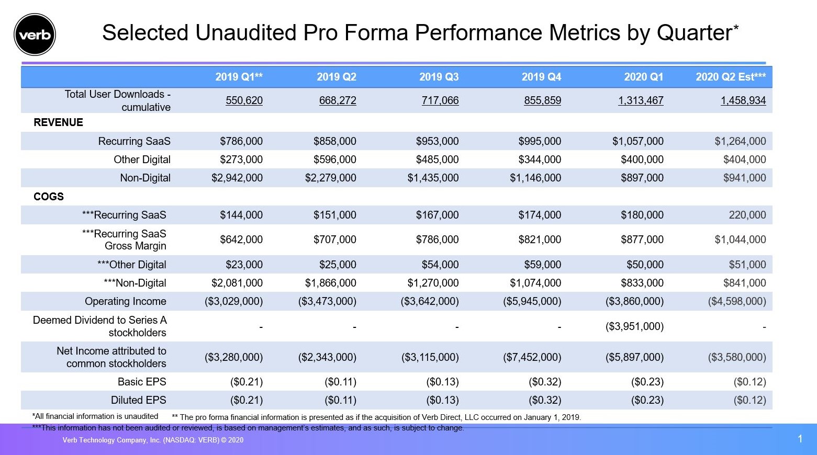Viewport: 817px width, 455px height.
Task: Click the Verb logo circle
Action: pyautogui.click(x=35, y=35)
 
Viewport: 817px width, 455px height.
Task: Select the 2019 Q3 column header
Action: pyautogui.click(x=439, y=77)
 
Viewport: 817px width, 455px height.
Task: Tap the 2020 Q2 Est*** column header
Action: pyautogui.click(x=730, y=77)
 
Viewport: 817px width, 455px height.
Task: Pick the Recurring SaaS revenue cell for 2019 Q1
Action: pyautogui.click(x=241, y=141)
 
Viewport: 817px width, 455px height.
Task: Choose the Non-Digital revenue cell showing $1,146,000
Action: pyautogui.click(x=535, y=178)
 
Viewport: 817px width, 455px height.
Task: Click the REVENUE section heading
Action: pyautogui.click(x=58, y=122)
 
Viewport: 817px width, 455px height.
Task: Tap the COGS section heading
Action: pyautogui.click(x=49, y=197)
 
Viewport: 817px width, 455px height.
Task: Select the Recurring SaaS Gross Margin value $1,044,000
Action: pyautogui.click(x=740, y=240)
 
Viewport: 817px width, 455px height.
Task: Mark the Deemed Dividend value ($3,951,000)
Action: pyautogui.click(x=634, y=326)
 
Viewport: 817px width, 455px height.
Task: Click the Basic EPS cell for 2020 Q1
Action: pyautogui.click(x=647, y=382)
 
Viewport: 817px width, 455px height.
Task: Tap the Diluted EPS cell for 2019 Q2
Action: pyautogui.click(x=340, y=400)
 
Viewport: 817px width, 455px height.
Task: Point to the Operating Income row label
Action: pyautogui.click(x=125, y=301)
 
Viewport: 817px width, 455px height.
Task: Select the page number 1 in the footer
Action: pyautogui.click(x=799, y=439)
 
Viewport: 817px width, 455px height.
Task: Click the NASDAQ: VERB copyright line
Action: pyautogui.click(x=153, y=440)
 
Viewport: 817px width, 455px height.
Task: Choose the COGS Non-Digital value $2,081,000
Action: pyautogui.click(x=237, y=283)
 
